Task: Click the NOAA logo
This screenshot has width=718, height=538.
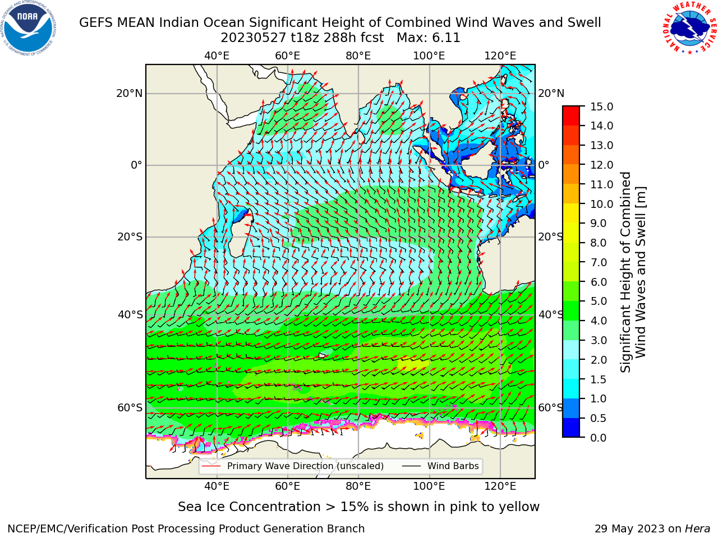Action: point(29,29)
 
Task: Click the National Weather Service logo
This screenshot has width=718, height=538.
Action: point(689,28)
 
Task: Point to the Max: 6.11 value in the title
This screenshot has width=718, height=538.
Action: point(428,38)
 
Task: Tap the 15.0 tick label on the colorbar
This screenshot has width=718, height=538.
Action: point(601,107)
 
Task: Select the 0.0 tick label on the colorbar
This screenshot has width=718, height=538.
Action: point(599,438)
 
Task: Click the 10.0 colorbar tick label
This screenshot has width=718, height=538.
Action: point(601,204)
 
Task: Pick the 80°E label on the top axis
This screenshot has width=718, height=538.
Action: point(358,56)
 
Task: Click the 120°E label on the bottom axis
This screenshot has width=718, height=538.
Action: point(500,486)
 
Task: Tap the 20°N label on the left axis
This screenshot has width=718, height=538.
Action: point(130,94)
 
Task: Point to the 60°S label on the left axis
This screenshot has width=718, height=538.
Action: point(130,408)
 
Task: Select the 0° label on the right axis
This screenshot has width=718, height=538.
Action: point(544,165)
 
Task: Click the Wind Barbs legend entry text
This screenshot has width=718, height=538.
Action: point(453,466)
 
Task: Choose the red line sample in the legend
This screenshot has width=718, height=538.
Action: point(211,466)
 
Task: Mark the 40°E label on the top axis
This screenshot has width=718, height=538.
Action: point(217,56)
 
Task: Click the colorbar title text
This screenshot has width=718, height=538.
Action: point(633,272)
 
